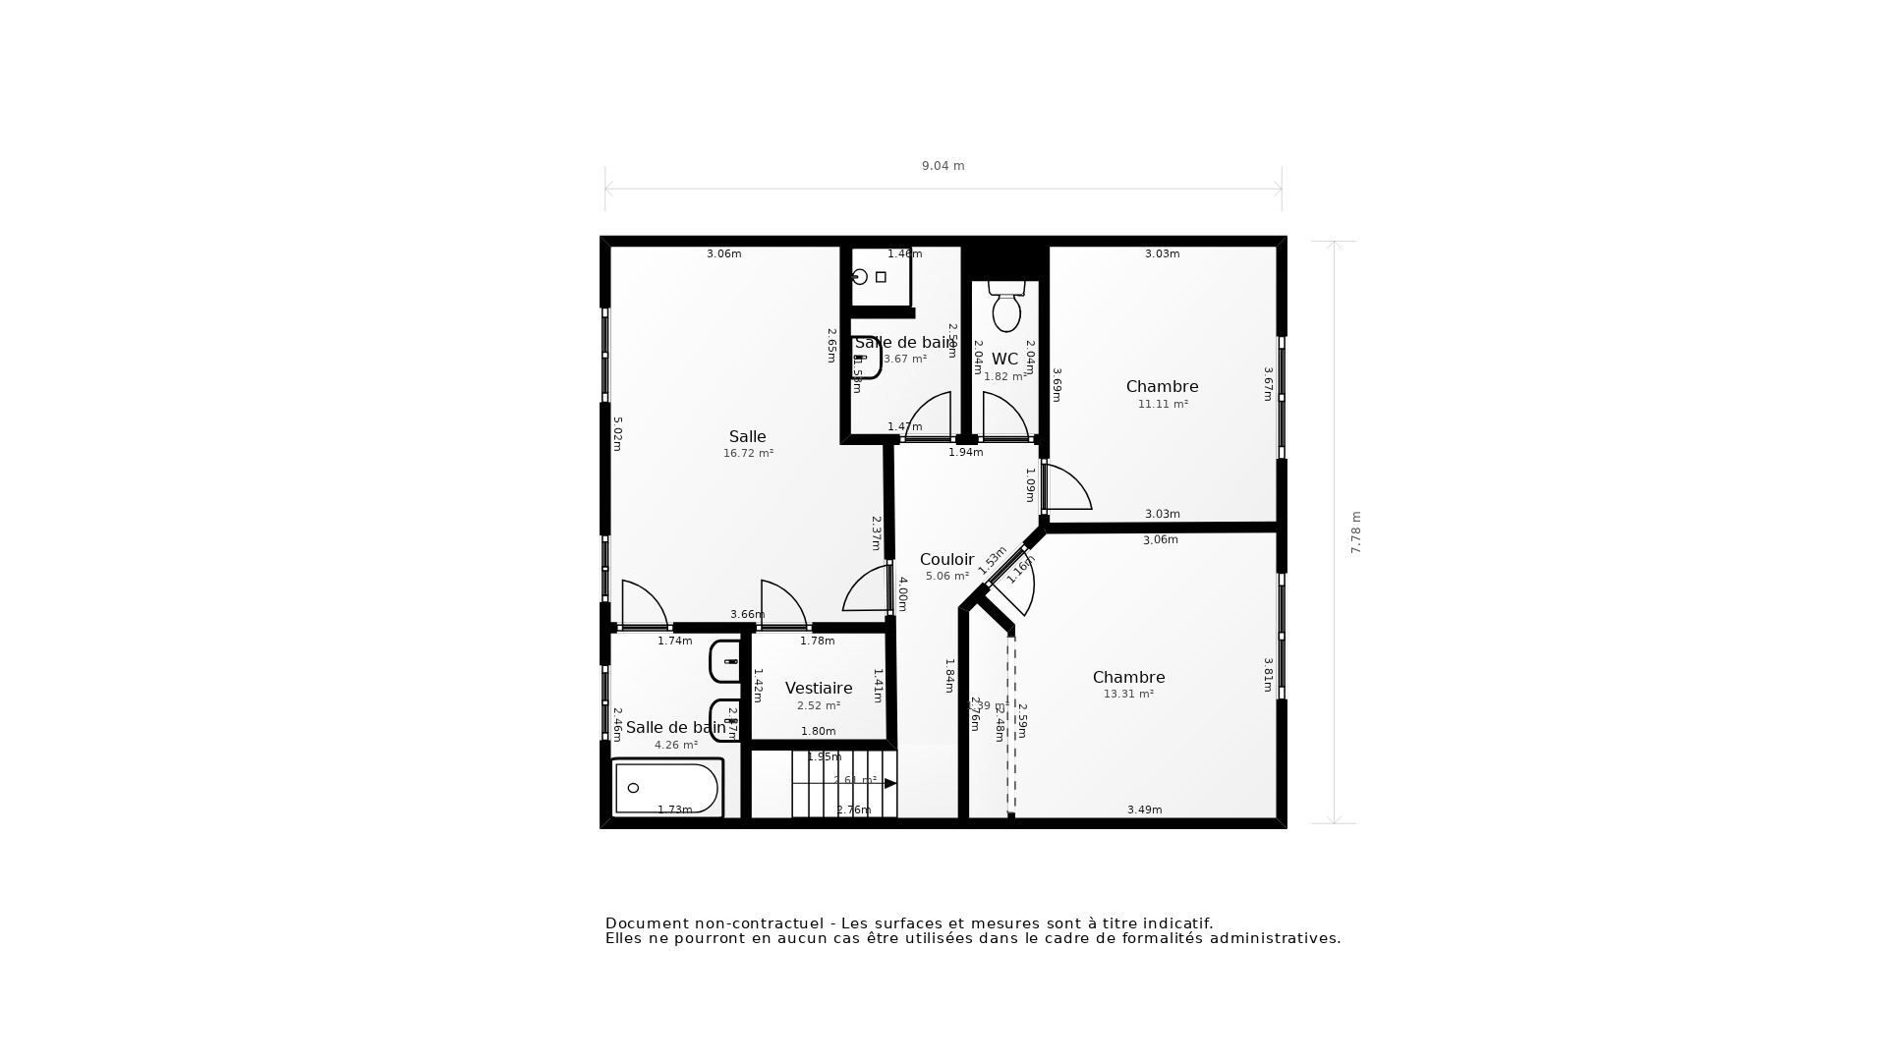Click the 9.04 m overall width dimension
click(x=943, y=166)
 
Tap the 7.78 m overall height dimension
click(x=1356, y=532)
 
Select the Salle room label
click(x=747, y=437)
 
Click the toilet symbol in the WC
click(x=1005, y=308)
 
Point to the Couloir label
click(x=946, y=560)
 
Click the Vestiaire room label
click(x=818, y=689)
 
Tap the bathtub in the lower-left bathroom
click(x=666, y=788)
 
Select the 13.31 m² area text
click(x=1128, y=695)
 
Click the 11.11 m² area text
click(x=1163, y=405)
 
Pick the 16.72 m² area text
click(x=748, y=454)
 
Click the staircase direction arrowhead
click(x=890, y=784)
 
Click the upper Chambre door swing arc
click(x=1069, y=487)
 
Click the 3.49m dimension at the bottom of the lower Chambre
click(x=1144, y=810)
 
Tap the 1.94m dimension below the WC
click(x=965, y=453)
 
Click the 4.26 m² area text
click(x=676, y=746)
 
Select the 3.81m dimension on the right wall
click(x=1269, y=675)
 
